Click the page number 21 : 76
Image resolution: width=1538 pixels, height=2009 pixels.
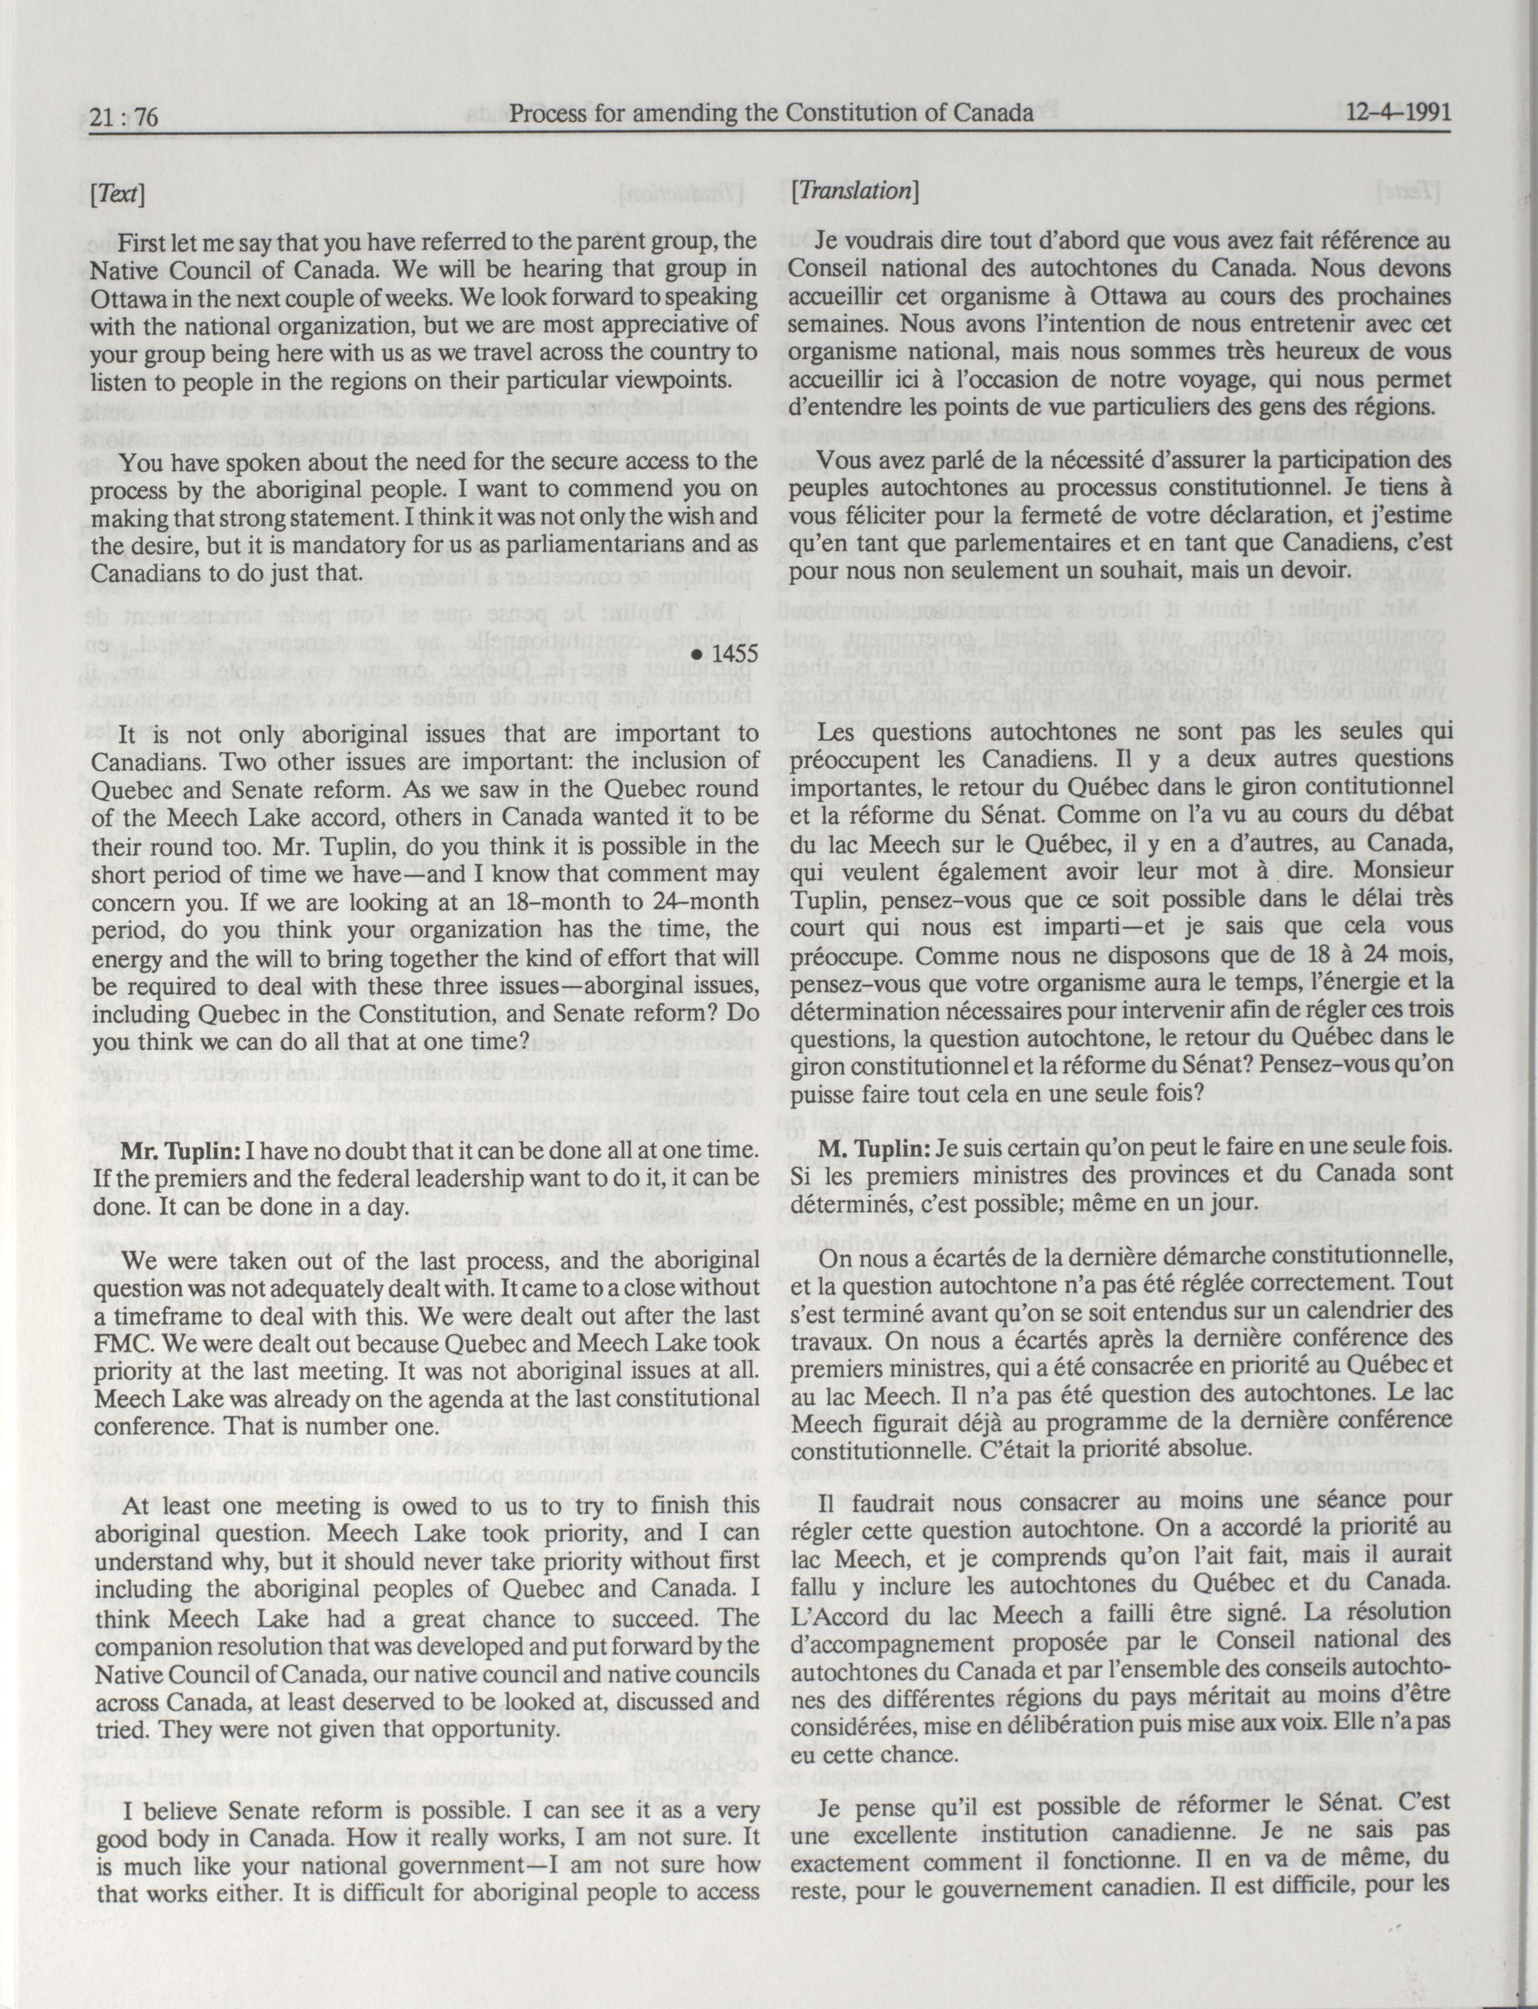[126, 117]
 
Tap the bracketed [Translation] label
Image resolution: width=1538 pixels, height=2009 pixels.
[854, 190]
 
